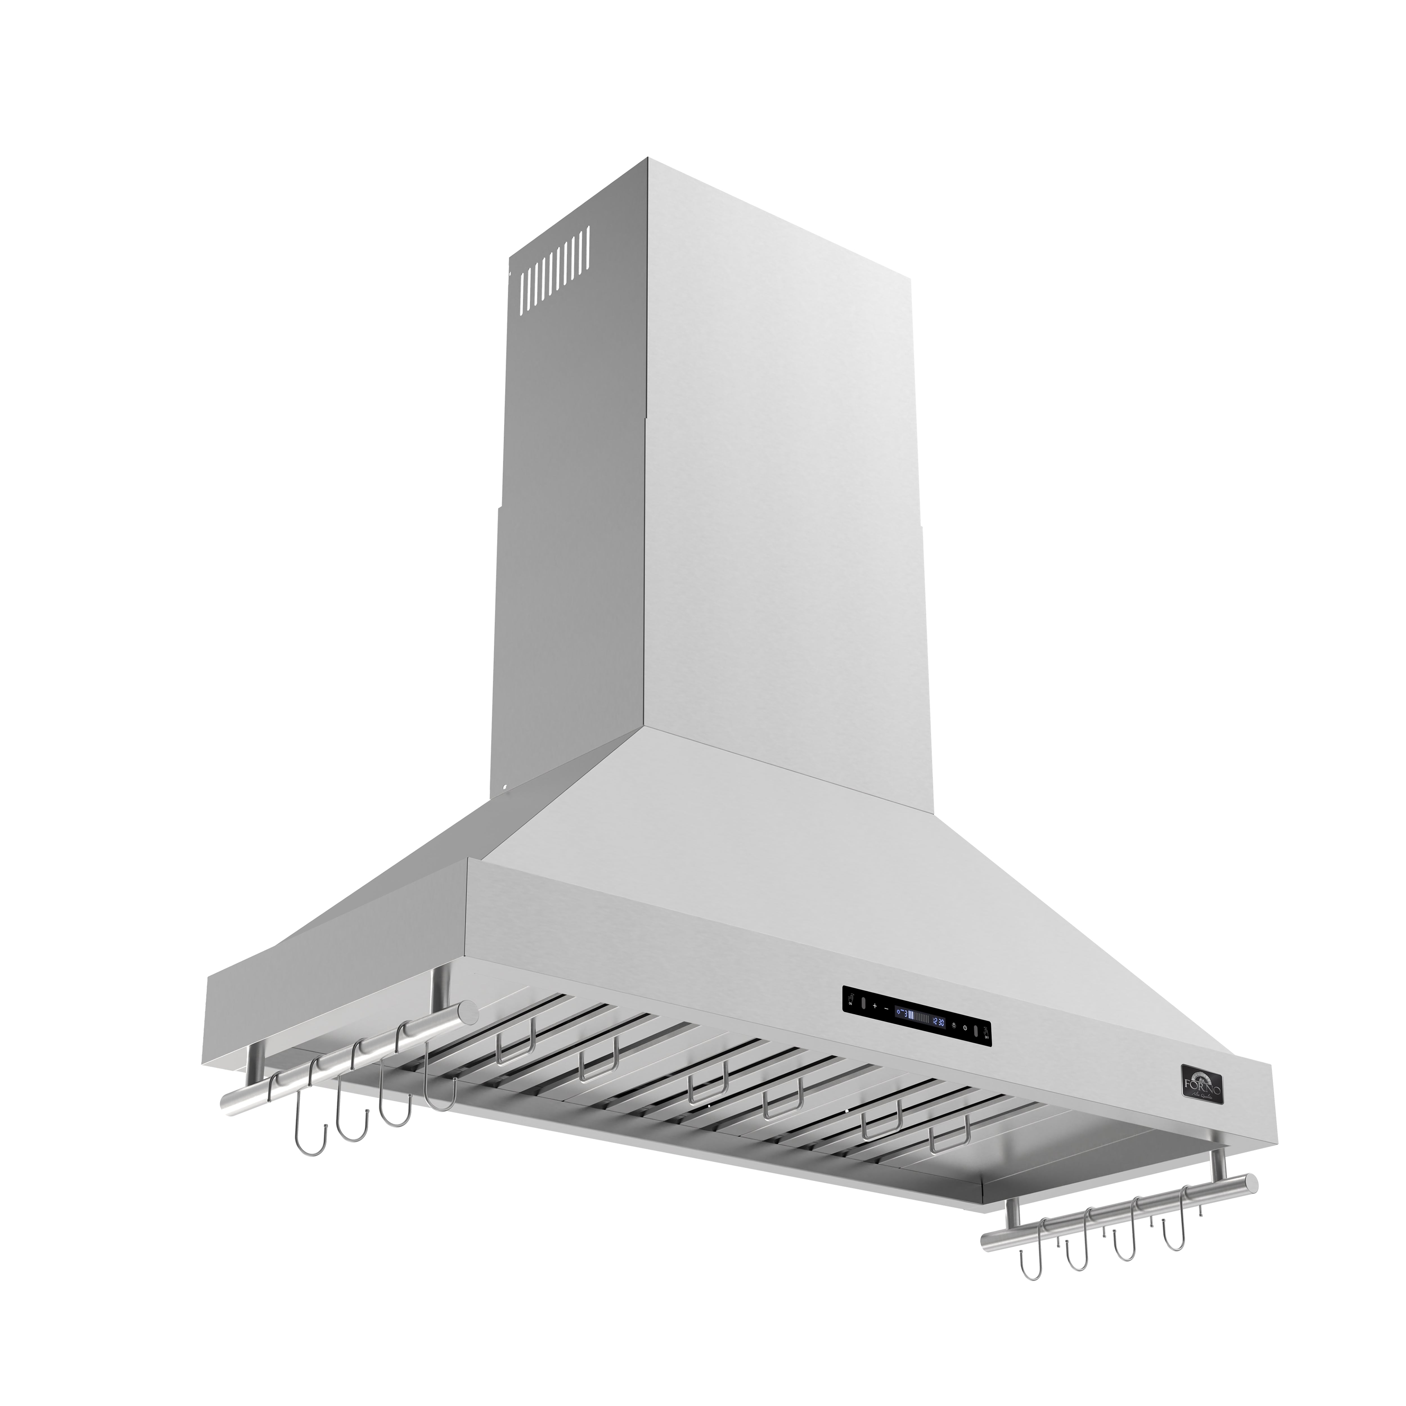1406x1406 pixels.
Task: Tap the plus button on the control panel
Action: (x=875, y=1006)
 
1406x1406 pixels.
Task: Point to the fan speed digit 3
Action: (x=906, y=1015)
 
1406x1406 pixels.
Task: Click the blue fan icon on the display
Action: (x=899, y=1012)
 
